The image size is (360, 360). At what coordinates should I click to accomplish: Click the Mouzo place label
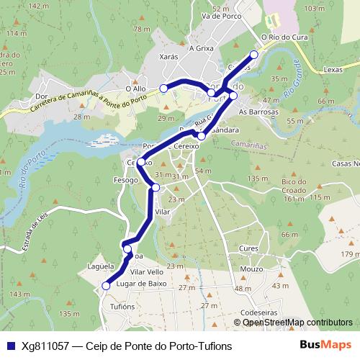pyautogui.click(x=251, y=269)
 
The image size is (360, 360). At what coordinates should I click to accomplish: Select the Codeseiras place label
pyautogui.click(x=258, y=312)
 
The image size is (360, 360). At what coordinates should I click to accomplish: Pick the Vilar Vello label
pyautogui.click(x=147, y=272)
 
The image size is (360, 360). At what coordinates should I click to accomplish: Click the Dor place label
pyautogui.click(x=41, y=96)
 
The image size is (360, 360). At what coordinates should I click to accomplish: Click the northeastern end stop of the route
pyautogui.click(x=253, y=55)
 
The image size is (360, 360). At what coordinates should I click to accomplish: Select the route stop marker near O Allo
pyautogui.click(x=163, y=88)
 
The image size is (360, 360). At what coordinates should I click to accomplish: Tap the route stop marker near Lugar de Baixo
pyautogui.click(x=106, y=286)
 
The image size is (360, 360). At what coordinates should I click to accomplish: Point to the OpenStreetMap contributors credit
pyautogui.click(x=297, y=323)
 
